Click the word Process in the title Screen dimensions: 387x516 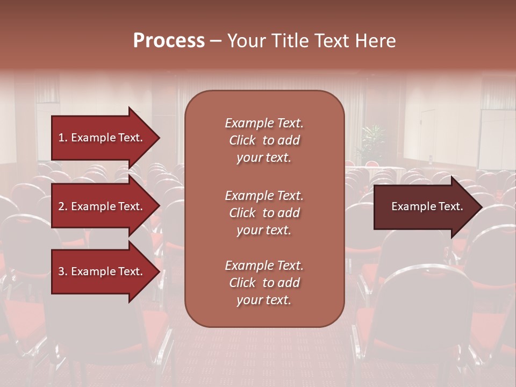click(x=169, y=41)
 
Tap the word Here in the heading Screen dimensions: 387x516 click(x=376, y=41)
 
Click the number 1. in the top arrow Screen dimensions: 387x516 click(x=63, y=138)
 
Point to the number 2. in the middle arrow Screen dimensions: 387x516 click(x=63, y=206)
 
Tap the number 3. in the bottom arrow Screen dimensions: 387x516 click(x=63, y=271)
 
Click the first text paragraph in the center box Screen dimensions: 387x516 click(x=264, y=140)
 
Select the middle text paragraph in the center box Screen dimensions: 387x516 click(x=264, y=213)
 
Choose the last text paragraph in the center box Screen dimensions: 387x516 click(x=264, y=283)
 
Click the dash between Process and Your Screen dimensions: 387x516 click(x=216, y=41)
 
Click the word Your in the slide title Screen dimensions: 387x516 click(x=246, y=41)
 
